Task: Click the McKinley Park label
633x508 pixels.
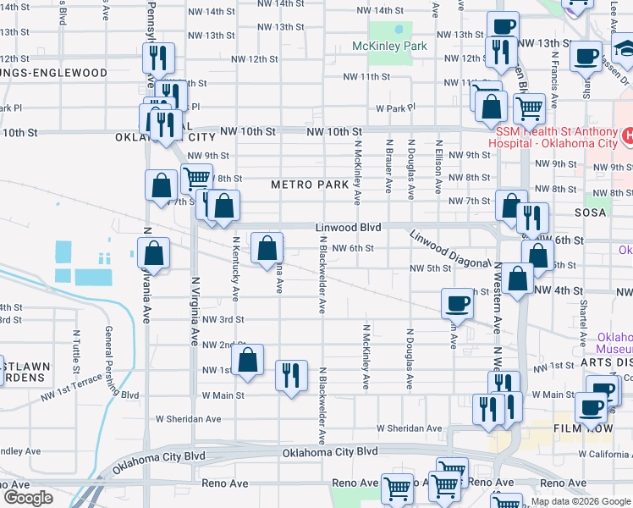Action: pyautogui.click(x=390, y=46)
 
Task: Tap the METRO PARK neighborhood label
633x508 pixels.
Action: pyautogui.click(x=311, y=185)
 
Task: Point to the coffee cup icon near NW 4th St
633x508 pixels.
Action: pyautogui.click(x=458, y=302)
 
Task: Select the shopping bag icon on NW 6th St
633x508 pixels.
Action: pyautogui.click(x=267, y=247)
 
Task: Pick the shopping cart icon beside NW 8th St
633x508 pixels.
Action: pyautogui.click(x=196, y=178)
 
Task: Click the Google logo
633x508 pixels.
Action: pyautogui.click(x=29, y=498)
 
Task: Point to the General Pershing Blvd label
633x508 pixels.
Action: pyautogui.click(x=109, y=362)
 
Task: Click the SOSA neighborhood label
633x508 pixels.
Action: pyautogui.click(x=589, y=213)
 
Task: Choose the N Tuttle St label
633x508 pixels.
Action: pyautogui.click(x=75, y=352)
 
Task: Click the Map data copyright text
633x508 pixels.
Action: pyautogui.click(x=580, y=501)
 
